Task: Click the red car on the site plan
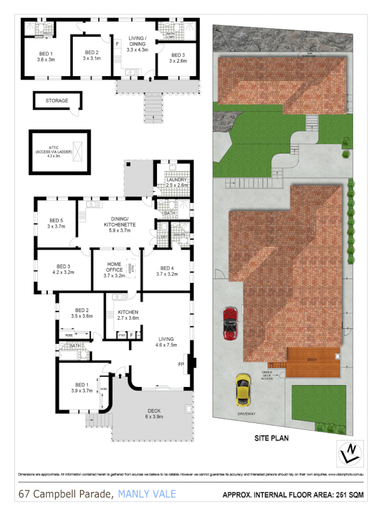231,323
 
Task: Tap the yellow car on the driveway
242,390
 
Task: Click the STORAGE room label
57,101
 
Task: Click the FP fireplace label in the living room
181,364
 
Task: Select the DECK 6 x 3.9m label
154,413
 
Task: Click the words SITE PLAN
271,439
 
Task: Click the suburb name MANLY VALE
147,494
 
